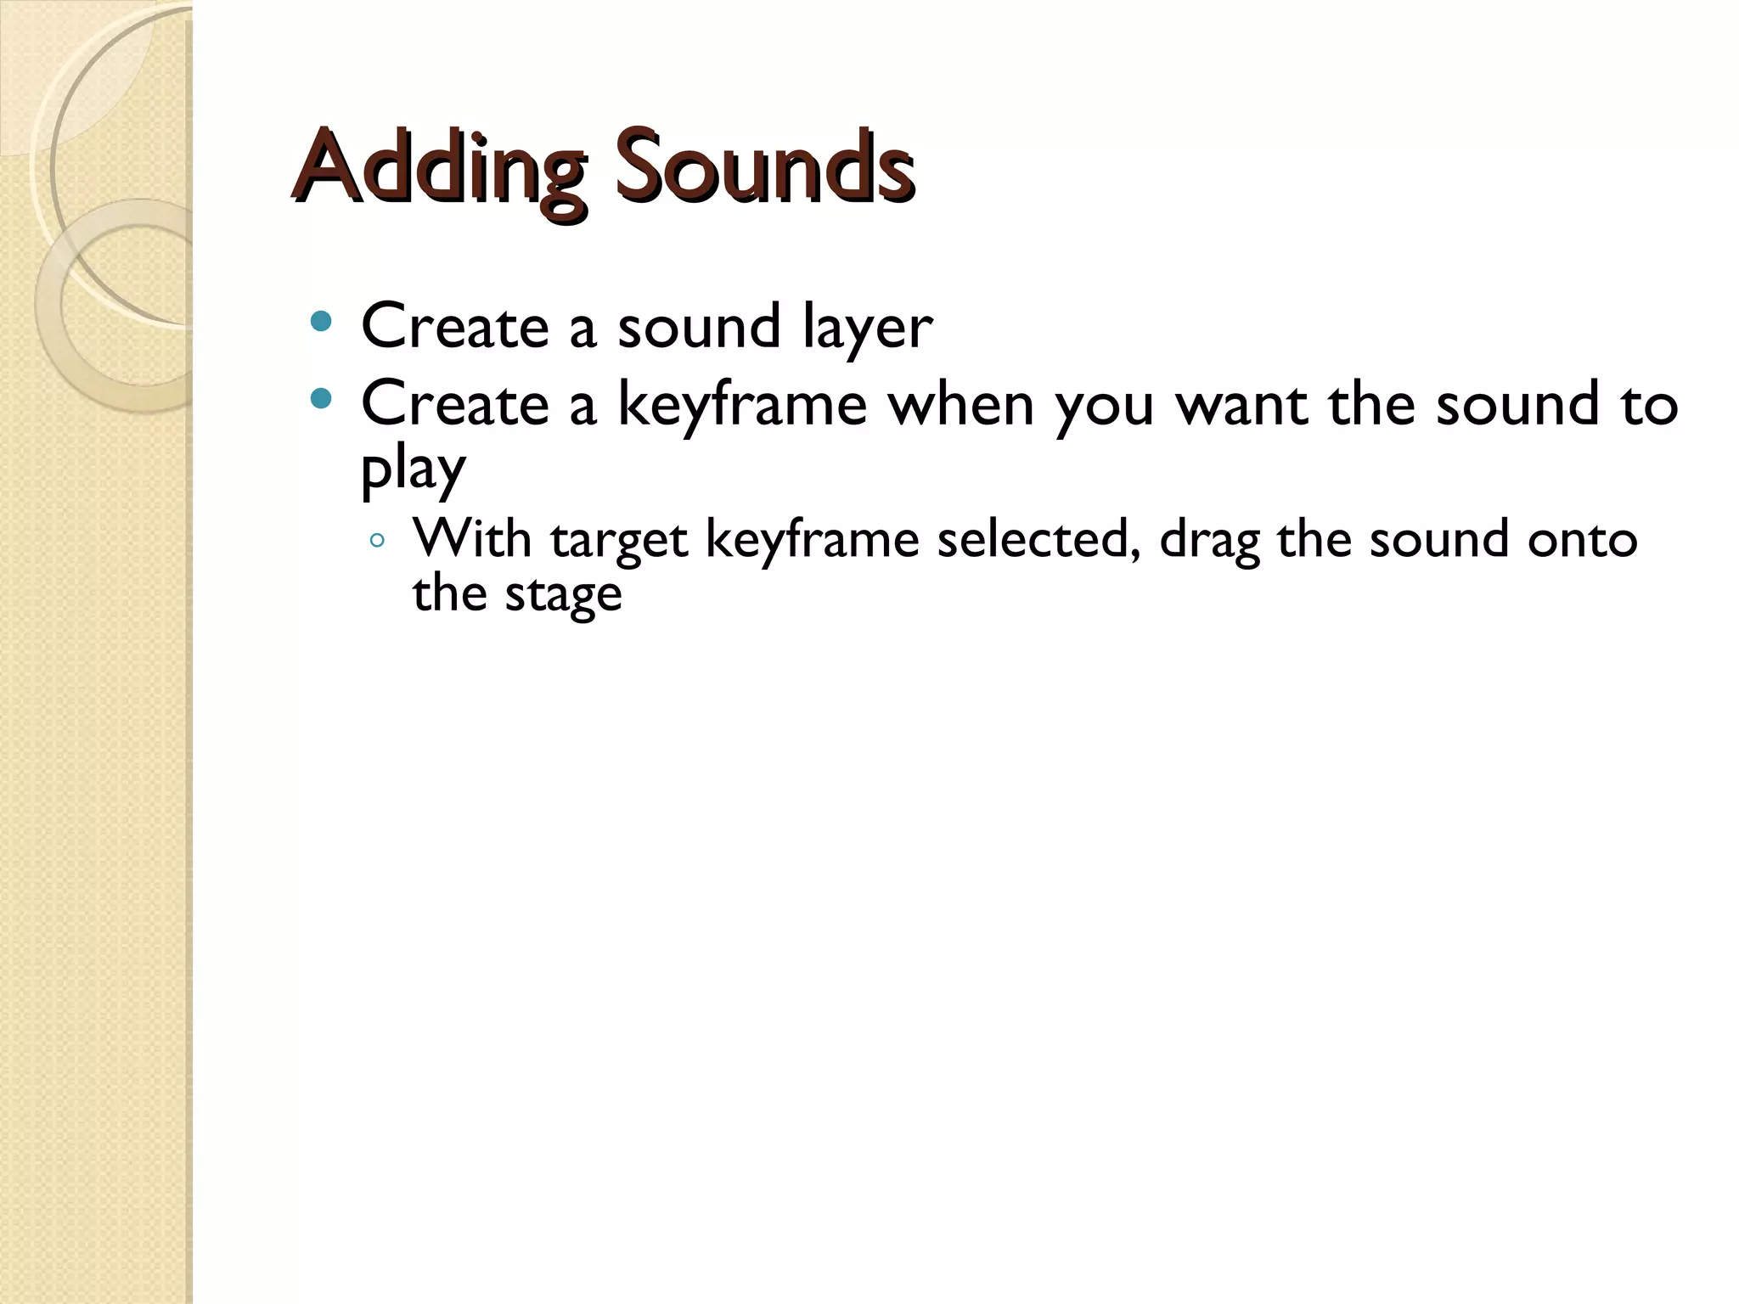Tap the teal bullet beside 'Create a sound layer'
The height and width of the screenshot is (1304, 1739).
click(x=321, y=322)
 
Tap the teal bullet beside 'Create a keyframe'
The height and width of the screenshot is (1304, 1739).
click(x=321, y=397)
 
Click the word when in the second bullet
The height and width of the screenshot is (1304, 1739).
click(x=960, y=404)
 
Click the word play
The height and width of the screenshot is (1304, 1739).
click(x=414, y=469)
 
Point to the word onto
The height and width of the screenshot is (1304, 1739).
click(x=1582, y=540)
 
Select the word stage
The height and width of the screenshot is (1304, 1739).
click(x=563, y=594)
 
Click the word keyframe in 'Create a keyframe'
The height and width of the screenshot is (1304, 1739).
click(x=741, y=406)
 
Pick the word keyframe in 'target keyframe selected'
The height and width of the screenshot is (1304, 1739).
click(x=812, y=540)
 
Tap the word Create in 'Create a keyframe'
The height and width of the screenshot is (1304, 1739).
click(x=455, y=404)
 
